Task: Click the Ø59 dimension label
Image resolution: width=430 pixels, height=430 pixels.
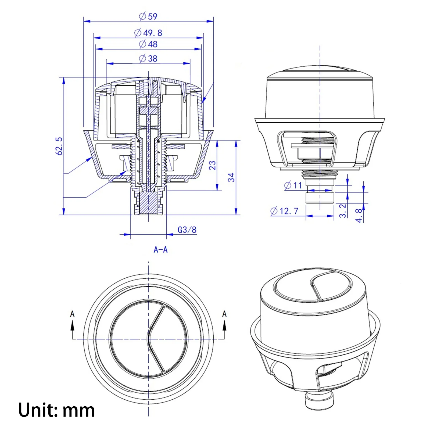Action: [x=148, y=16]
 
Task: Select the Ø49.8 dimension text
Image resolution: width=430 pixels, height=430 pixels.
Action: [x=148, y=33]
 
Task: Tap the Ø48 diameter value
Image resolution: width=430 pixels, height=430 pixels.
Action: [x=148, y=44]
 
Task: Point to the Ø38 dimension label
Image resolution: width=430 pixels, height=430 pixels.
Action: [x=148, y=58]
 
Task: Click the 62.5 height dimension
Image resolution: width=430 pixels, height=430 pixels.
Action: [x=59, y=146]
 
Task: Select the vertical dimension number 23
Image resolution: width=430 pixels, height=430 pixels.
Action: [x=212, y=165]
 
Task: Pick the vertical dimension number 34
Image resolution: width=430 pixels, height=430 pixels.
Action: [x=231, y=177]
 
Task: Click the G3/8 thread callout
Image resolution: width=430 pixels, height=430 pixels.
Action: [x=187, y=230]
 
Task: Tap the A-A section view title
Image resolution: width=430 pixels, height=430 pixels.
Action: [x=160, y=250]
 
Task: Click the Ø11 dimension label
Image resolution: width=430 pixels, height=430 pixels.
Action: [x=293, y=185]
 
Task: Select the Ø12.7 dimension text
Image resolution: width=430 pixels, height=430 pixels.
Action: [x=284, y=211]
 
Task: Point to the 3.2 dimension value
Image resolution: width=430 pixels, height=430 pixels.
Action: [x=343, y=210]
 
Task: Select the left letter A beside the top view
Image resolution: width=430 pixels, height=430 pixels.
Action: [x=72, y=314]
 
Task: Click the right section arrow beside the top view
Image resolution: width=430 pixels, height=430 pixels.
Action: [x=224, y=327]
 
